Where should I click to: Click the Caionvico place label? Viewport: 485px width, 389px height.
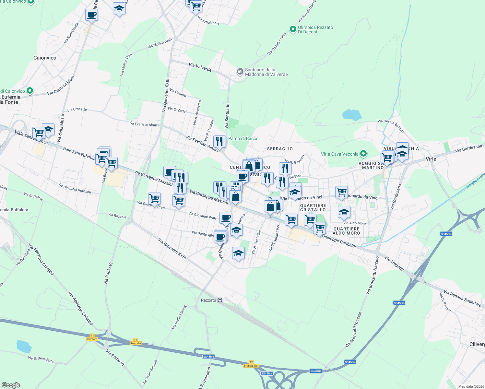pos(45,58)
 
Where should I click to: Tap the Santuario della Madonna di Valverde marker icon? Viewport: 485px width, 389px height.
pos(240,71)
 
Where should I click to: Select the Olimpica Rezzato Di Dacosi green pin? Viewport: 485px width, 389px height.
pos(293,29)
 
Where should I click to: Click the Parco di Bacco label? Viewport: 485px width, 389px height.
pos(243,138)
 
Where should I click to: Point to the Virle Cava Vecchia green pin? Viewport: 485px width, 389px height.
pos(363,154)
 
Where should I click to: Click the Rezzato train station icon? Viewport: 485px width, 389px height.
pos(220,300)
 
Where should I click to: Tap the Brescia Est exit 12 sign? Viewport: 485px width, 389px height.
pos(251,364)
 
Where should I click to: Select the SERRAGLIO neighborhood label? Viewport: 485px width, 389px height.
pos(280,149)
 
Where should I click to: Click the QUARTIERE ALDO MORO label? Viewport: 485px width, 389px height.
pos(346,231)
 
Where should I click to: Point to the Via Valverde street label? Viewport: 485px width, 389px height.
pos(200,67)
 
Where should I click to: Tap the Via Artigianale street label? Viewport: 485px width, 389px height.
pos(208,21)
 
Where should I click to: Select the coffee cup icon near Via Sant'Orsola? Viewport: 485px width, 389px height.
pos(91,15)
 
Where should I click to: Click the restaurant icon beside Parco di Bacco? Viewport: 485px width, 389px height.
pos(219,142)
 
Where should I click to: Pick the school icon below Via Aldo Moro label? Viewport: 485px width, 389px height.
pos(344,212)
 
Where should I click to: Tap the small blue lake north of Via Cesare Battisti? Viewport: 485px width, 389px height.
pos(352,115)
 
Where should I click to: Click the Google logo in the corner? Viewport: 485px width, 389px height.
pos(11,385)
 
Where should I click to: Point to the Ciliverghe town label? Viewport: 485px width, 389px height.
pos(477,344)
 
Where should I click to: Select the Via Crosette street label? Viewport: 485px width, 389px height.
pos(77,110)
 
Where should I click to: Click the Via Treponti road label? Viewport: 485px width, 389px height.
pos(395,263)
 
